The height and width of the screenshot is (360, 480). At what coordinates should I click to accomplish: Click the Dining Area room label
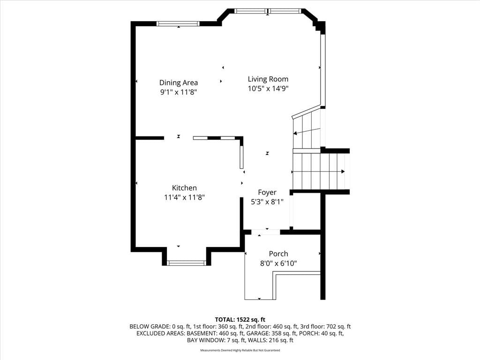[x=179, y=82]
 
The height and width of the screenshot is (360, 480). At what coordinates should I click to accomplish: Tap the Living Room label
[x=268, y=79]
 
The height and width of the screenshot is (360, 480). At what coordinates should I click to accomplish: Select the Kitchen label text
[x=184, y=187]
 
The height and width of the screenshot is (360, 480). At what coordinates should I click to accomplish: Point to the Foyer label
[x=267, y=192]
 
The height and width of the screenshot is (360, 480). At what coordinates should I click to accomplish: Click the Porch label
[x=278, y=254]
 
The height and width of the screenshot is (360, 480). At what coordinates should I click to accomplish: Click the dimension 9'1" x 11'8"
[x=179, y=92]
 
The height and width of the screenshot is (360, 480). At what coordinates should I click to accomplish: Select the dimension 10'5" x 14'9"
[x=268, y=89]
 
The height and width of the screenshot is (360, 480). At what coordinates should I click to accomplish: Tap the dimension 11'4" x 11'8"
[x=184, y=197]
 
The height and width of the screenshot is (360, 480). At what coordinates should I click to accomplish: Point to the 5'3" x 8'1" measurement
[x=267, y=202]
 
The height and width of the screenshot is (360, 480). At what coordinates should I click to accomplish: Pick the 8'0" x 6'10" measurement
[x=278, y=263]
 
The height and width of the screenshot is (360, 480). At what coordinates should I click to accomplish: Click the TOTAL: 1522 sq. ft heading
[x=240, y=320]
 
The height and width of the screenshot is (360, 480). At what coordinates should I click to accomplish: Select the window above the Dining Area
[x=178, y=23]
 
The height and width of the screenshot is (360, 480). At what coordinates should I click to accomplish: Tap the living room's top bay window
[x=268, y=11]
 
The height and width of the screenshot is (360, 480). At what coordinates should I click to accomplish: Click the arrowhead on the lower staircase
[x=343, y=172]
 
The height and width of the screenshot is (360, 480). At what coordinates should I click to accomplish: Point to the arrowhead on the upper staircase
[x=295, y=133]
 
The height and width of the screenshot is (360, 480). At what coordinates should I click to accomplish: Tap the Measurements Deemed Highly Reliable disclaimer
[x=240, y=350]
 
